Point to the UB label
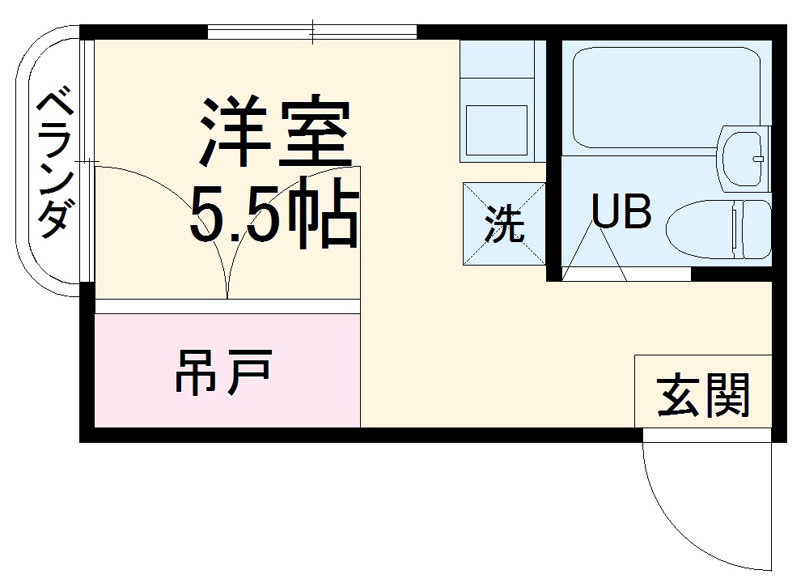[621, 212]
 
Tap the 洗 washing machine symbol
[503, 223]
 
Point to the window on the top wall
[312, 33]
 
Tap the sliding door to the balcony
[87, 162]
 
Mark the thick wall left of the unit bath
[553, 154]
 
